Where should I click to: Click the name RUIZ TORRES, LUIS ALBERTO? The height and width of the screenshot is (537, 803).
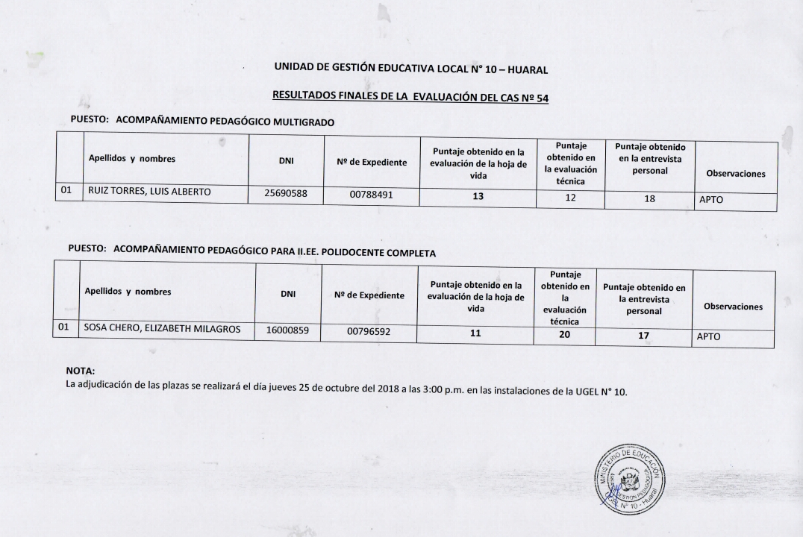(149, 192)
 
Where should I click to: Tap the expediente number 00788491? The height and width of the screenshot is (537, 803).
(371, 195)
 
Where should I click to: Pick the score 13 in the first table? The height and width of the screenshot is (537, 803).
(478, 197)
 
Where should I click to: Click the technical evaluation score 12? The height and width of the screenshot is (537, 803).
(570, 198)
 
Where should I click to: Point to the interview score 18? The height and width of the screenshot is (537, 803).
(649, 199)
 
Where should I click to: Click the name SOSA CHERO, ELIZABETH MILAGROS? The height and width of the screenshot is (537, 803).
(162, 328)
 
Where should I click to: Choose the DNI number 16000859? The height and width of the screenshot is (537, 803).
(287, 330)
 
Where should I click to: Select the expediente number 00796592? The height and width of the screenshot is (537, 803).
(369, 332)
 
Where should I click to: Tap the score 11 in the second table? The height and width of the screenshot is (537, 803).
(475, 333)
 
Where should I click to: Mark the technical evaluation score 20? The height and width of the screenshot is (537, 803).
(564, 335)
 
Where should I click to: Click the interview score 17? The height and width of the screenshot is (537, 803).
(643, 336)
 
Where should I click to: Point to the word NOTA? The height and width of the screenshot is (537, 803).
(81, 371)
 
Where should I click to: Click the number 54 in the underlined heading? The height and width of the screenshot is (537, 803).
(541, 98)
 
